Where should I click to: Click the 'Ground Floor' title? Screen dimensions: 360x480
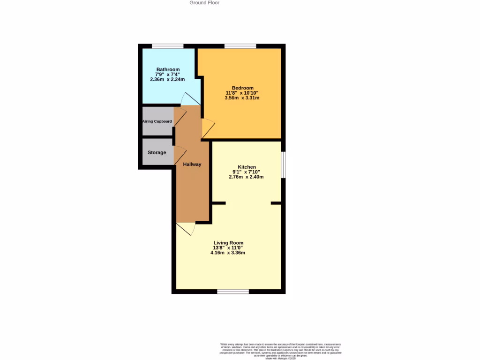click(204, 3)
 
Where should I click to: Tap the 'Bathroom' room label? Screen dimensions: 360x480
click(168, 69)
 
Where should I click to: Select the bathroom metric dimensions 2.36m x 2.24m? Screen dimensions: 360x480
click(167, 80)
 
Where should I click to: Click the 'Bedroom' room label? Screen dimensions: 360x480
click(242, 88)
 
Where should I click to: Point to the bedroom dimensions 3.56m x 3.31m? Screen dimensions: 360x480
click(242, 98)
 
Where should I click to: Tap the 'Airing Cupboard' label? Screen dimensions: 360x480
click(157, 121)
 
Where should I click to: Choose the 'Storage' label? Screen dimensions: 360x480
click(157, 152)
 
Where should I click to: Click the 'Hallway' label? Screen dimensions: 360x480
click(192, 164)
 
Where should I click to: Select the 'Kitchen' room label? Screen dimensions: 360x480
click(247, 167)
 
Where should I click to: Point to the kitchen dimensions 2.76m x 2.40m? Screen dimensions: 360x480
click(246, 177)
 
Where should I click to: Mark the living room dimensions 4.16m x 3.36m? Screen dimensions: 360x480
click(228, 253)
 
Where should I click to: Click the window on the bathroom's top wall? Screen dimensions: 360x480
click(167, 46)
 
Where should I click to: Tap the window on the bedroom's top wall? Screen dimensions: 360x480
click(240, 46)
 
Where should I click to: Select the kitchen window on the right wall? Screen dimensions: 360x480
click(283, 165)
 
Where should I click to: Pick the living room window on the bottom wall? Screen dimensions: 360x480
click(233, 292)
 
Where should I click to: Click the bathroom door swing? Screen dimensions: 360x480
click(190, 99)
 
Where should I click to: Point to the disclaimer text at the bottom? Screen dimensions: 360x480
click(281, 351)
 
